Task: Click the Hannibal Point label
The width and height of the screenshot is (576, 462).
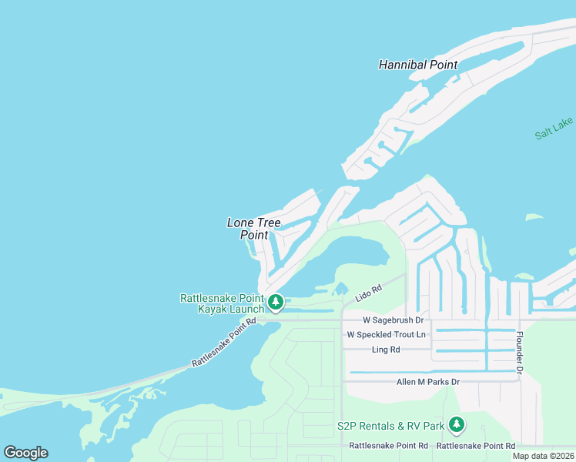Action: click(418, 65)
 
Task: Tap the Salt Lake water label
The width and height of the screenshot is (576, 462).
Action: click(554, 129)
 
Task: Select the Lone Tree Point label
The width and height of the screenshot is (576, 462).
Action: click(253, 229)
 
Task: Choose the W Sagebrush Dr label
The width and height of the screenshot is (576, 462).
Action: click(393, 320)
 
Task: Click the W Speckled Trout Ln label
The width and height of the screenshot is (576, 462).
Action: click(386, 335)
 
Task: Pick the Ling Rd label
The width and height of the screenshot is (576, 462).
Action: click(385, 350)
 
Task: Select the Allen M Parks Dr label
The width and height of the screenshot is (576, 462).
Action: click(427, 382)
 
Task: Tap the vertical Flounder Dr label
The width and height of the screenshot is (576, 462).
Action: click(520, 353)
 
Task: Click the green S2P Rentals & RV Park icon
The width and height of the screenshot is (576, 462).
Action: click(457, 424)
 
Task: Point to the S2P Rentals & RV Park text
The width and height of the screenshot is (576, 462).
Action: click(390, 426)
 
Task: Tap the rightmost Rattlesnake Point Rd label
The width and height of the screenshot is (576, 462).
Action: click(475, 446)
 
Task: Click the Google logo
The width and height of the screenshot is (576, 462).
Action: click(25, 453)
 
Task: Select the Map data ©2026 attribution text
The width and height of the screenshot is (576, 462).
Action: click(543, 456)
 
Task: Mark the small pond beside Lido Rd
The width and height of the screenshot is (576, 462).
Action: click(340, 290)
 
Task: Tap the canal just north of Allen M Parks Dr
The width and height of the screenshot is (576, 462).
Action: click(431, 372)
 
